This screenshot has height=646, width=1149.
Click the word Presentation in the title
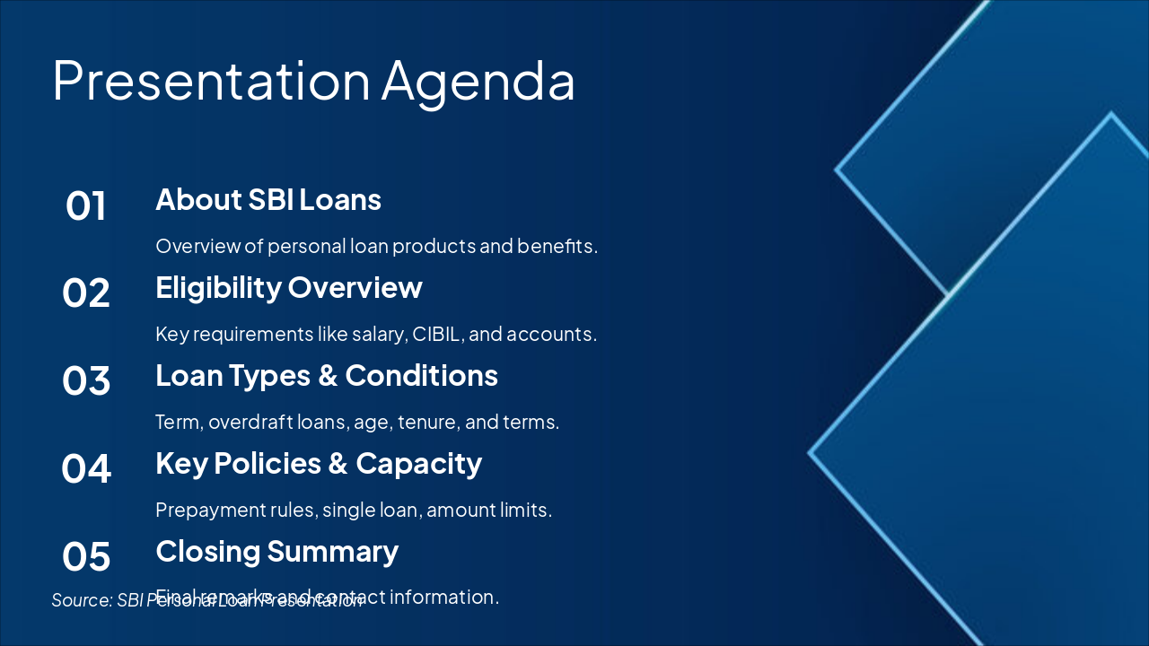click(x=211, y=81)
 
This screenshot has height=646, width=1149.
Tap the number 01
click(x=86, y=206)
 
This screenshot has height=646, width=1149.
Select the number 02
click(x=86, y=294)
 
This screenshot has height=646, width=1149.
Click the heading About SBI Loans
click(x=268, y=199)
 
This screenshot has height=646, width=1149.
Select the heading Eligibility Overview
click(x=288, y=287)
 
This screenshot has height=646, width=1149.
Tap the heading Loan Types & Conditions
click(x=327, y=375)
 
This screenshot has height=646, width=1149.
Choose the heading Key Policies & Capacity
click(x=319, y=463)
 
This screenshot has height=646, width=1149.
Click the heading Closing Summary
click(x=276, y=551)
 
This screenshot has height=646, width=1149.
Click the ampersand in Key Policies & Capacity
click(x=338, y=464)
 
